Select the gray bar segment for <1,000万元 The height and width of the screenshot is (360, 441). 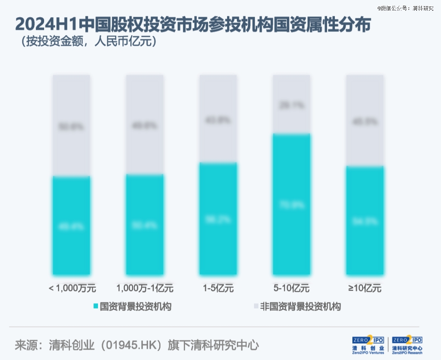point(71,125)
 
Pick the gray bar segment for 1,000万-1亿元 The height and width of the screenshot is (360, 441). point(145,125)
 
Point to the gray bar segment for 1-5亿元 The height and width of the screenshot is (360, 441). point(218,119)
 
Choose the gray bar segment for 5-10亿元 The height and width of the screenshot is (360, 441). point(292,104)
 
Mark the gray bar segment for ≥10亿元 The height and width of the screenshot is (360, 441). point(365,121)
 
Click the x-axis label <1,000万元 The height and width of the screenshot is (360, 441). point(72,288)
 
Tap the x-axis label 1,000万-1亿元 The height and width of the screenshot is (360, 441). point(145,288)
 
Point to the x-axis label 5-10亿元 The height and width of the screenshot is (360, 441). point(292,288)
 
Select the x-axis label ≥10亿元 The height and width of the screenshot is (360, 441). point(365,288)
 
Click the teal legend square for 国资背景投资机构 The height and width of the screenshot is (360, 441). point(96,306)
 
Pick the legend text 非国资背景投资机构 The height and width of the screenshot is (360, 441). point(300,306)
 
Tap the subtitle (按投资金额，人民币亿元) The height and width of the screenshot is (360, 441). point(86,42)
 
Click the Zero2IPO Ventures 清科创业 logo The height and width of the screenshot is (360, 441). point(368,345)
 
